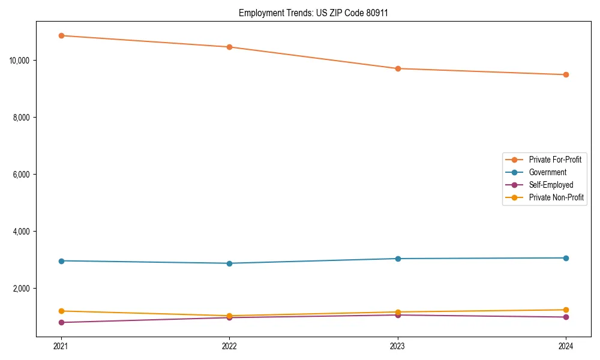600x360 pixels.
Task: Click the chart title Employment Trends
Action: (x=313, y=13)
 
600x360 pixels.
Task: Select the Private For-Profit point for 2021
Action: (x=61, y=35)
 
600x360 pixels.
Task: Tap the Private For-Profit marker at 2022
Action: (x=229, y=47)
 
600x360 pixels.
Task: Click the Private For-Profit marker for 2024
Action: (x=566, y=74)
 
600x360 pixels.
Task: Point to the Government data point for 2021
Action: (x=61, y=261)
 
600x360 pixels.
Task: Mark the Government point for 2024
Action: (x=566, y=258)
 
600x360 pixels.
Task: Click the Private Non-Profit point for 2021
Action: (x=61, y=311)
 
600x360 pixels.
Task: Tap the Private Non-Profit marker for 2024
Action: (x=566, y=310)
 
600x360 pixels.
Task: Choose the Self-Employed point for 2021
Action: (x=61, y=322)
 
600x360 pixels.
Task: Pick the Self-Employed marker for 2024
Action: (x=566, y=317)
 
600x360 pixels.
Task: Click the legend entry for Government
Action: (x=547, y=172)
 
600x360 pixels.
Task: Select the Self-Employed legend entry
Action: (x=551, y=185)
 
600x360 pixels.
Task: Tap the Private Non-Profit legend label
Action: (x=556, y=197)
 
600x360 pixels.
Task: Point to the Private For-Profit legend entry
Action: (x=555, y=160)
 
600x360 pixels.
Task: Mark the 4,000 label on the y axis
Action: (x=22, y=232)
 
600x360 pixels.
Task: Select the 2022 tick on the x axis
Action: (x=229, y=346)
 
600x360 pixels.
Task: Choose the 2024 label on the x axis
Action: (x=566, y=346)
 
